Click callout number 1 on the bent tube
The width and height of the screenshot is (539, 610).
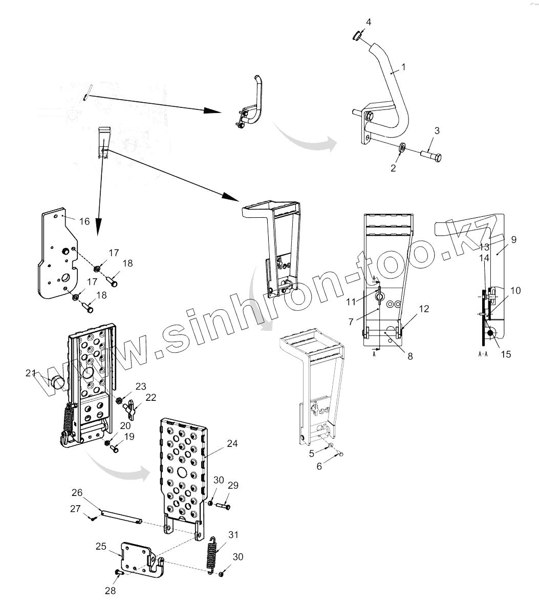coord(403,66)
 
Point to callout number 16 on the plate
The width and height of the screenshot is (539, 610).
coord(84,221)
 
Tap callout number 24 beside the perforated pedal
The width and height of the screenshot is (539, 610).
coord(232,444)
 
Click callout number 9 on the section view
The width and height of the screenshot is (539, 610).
coord(513,238)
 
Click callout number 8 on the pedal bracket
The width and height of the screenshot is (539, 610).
coord(410,356)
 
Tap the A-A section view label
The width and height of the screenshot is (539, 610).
coord(483,353)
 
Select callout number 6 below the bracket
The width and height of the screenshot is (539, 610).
coord(319,466)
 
